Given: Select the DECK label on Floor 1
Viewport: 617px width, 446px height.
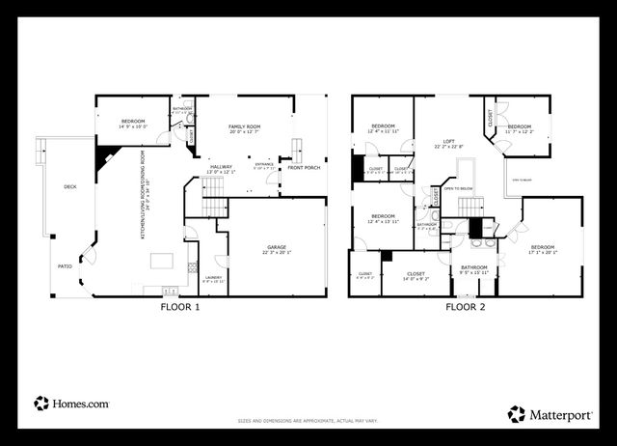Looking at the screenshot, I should [x=69, y=186].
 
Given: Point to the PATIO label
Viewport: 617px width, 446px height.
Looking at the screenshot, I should [x=66, y=266].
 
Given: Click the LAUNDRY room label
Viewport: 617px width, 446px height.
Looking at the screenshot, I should [x=214, y=279].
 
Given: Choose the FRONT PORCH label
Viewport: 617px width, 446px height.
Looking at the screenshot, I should [x=305, y=168].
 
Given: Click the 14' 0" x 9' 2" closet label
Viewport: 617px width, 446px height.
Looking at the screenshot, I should [x=416, y=276].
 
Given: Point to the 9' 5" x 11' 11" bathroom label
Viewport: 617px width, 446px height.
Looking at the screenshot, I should [x=473, y=270].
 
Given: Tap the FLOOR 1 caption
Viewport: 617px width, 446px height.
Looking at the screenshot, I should [x=180, y=308].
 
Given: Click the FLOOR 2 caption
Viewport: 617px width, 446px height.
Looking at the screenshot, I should [x=466, y=308].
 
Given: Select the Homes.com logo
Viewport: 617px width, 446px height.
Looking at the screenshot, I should [x=72, y=404].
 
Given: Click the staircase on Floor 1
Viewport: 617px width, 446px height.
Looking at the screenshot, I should [x=213, y=204].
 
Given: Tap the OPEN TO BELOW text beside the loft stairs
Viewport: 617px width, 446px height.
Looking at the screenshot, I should [x=458, y=189].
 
